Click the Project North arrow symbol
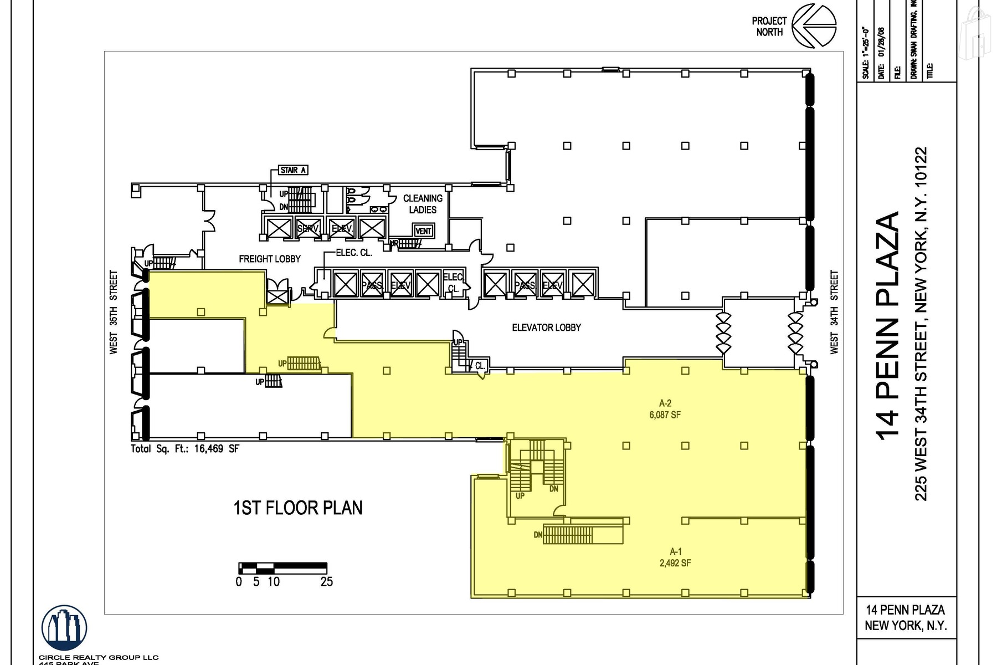(814, 26)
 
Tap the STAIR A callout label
(293, 170)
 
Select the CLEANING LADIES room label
(423, 204)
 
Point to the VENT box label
(423, 231)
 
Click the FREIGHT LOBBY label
(270, 259)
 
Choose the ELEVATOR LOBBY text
(546, 328)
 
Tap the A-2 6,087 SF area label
(665, 409)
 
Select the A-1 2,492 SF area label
(675, 557)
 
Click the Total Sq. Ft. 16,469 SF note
(185, 449)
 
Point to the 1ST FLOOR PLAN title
(298, 508)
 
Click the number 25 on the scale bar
(326, 582)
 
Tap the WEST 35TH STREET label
(114, 312)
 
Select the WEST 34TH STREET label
(834, 312)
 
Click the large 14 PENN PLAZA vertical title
(887, 325)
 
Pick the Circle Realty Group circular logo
(64, 628)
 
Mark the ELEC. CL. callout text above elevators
(354, 253)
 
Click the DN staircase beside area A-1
(568, 535)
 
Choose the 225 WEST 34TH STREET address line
(921, 324)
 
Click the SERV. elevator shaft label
(307, 228)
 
